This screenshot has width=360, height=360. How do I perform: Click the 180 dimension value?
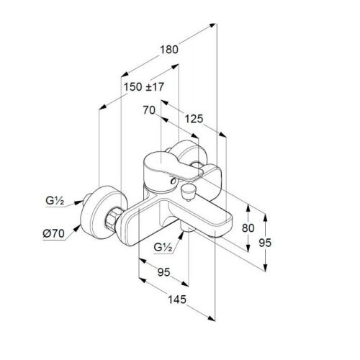click(x=169, y=50)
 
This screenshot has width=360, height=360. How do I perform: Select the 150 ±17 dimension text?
click(x=144, y=87)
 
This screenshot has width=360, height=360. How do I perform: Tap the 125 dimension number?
click(x=194, y=119)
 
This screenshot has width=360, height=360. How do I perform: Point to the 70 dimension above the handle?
click(x=149, y=110)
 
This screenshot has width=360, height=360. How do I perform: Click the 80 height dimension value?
click(x=248, y=228)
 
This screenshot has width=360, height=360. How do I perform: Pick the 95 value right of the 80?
click(x=265, y=243)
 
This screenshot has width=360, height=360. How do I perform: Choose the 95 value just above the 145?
click(x=163, y=272)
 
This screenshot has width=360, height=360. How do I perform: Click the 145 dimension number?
click(x=177, y=300)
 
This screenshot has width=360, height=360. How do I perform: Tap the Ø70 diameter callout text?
click(x=54, y=233)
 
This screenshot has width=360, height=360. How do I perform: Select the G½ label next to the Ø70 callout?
click(x=55, y=201)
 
